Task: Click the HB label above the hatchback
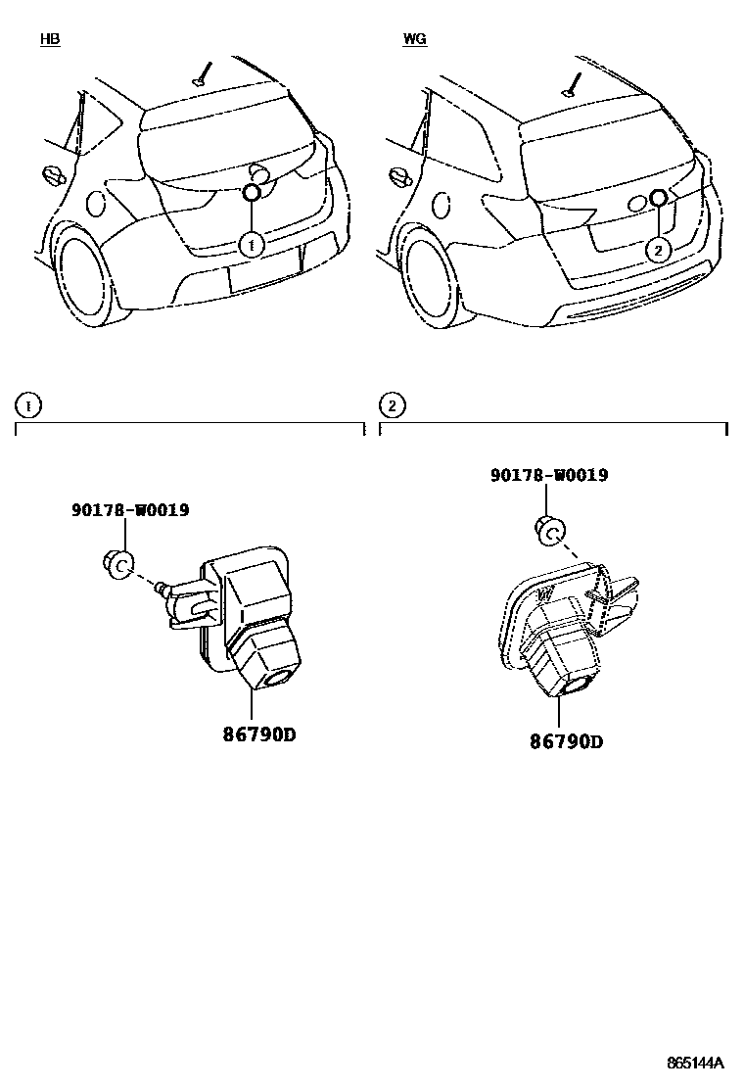49,40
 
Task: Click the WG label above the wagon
414,40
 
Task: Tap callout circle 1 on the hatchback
253,244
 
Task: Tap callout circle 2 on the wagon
658,251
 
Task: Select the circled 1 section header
28,404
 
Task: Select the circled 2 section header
392,404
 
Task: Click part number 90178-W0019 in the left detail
130,510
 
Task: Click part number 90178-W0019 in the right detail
549,475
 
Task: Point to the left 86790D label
252,734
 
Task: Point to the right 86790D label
567,741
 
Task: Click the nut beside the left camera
118,564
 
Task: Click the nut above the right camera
550,532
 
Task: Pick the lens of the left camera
278,676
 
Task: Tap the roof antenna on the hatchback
202,74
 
